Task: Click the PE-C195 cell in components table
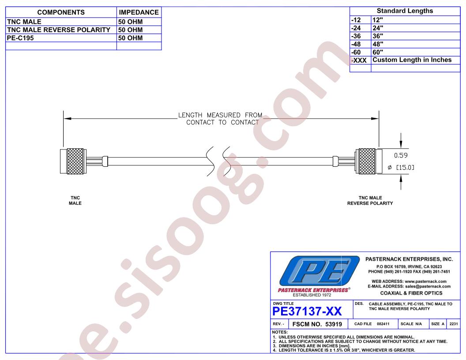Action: [x=20, y=38]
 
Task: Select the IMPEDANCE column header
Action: [x=139, y=12]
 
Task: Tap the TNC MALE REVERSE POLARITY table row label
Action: [x=59, y=30]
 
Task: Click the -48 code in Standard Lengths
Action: [x=356, y=44]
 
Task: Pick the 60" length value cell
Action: [x=378, y=52]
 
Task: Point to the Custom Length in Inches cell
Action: [x=412, y=60]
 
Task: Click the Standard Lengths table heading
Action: [x=405, y=11]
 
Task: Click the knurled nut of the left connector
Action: [x=75, y=161]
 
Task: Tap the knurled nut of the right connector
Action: [x=367, y=161]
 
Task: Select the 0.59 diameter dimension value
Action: [x=401, y=155]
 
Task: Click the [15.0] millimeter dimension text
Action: [x=405, y=168]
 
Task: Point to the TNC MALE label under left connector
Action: [x=75, y=200]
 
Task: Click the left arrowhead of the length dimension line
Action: [x=68, y=119]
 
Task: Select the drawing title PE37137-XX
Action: [x=307, y=311]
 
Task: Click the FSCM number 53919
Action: [x=334, y=324]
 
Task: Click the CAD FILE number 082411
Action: [x=383, y=324]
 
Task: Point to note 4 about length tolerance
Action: [x=344, y=350]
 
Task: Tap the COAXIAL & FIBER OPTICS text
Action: [x=411, y=293]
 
